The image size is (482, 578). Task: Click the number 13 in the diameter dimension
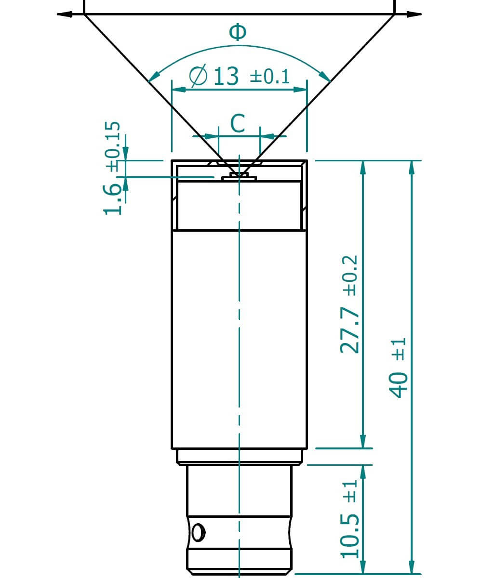[226, 77]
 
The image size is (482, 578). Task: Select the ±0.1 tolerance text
[270, 77]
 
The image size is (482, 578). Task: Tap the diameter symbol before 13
[198, 77]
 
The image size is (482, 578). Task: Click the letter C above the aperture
[238, 123]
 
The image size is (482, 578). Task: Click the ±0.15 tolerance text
[112, 146]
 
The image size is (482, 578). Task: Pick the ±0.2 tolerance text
[350, 275]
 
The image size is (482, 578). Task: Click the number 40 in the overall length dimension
[399, 384]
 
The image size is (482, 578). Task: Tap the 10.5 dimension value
[350, 536]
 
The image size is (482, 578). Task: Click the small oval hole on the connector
[197, 533]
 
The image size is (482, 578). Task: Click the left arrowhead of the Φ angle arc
[153, 77]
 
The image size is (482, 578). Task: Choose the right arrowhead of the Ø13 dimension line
[301, 89]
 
